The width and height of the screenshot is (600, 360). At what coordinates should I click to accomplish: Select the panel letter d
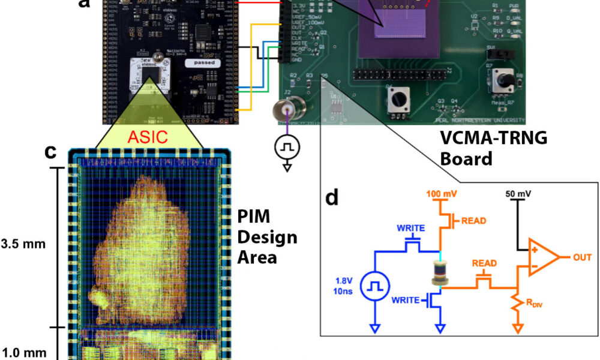333,199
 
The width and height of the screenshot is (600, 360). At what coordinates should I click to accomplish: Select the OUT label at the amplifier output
581,257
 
